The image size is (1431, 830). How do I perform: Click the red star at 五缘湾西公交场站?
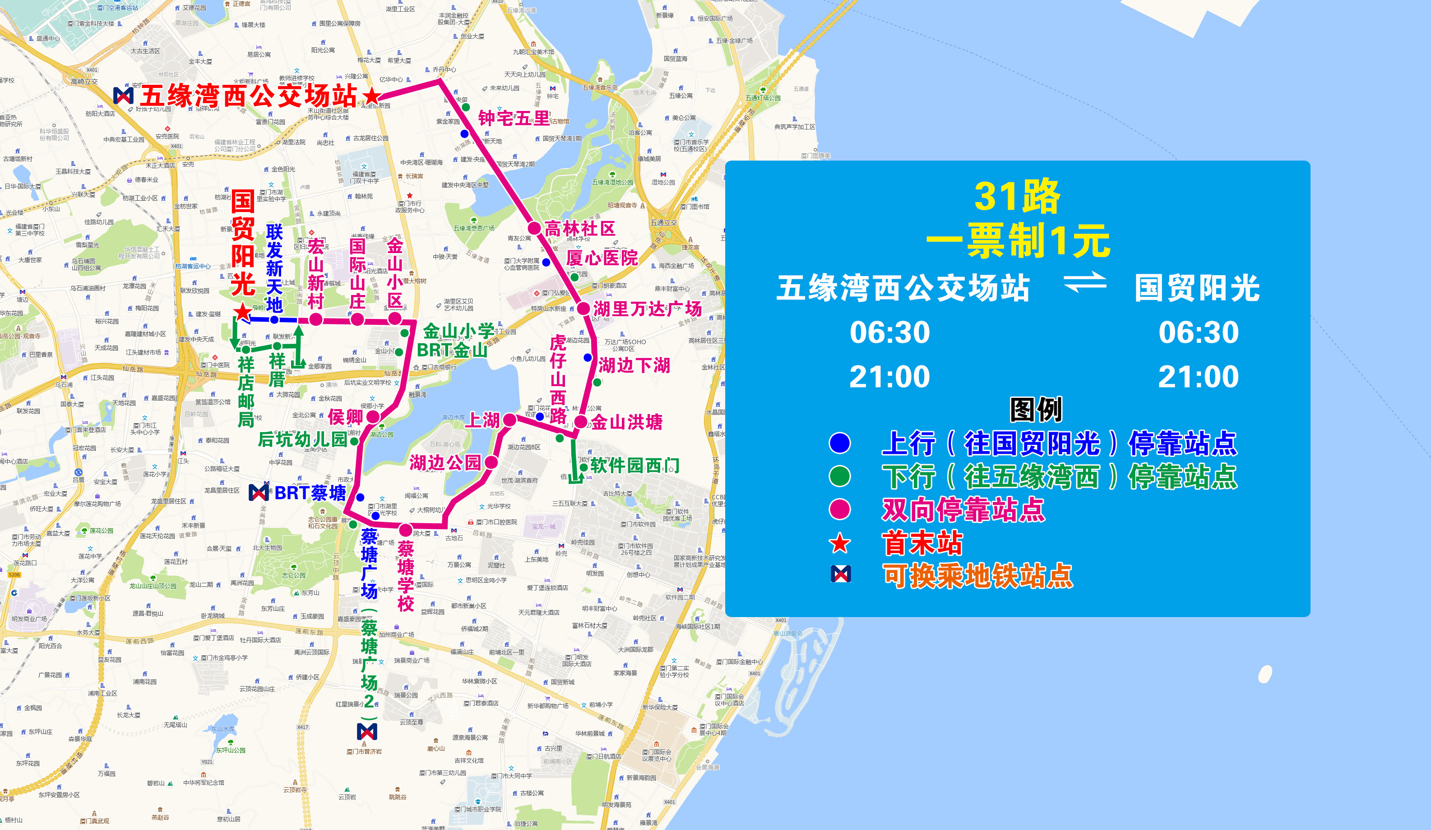point(372,97)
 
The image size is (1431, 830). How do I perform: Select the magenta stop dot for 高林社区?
point(534,228)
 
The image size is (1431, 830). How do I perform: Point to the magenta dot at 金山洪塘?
point(580,422)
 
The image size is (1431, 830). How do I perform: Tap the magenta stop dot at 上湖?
point(509,420)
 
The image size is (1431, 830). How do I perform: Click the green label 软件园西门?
point(634,466)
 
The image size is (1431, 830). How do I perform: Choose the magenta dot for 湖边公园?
point(491,462)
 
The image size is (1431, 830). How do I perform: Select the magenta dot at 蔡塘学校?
point(405,530)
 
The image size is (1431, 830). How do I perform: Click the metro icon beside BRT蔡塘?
point(259,492)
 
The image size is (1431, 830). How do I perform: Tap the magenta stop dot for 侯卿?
point(373,417)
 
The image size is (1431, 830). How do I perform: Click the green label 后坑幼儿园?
point(302,439)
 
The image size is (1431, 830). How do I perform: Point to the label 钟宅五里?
point(514,118)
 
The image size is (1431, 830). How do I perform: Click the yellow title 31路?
point(1017,196)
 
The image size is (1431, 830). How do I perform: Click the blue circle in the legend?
point(840,443)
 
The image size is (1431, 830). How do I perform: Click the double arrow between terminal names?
point(1084,282)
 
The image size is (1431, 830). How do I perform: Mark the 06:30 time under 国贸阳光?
point(1198,332)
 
